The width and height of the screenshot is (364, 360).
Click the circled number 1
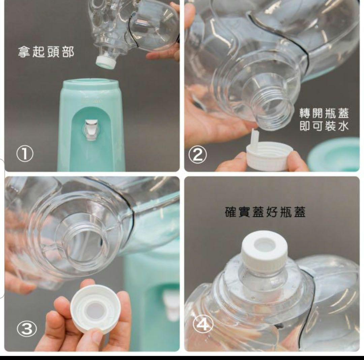pos(25,154)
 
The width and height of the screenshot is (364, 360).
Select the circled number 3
pos(27,329)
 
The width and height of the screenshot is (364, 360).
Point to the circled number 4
pos(203,325)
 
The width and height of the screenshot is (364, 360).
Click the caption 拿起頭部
pos(46,52)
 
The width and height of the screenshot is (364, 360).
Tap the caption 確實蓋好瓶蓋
pos(265,212)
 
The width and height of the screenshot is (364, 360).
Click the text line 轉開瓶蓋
pos(324,113)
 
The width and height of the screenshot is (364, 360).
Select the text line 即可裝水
pos(324,126)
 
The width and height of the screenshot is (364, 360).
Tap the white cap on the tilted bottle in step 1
pos(105,62)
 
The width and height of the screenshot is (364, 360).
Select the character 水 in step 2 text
pos(343,126)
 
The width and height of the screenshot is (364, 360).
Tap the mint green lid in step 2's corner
pos(334,154)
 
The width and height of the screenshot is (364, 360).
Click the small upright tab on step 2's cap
pos(255,137)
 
